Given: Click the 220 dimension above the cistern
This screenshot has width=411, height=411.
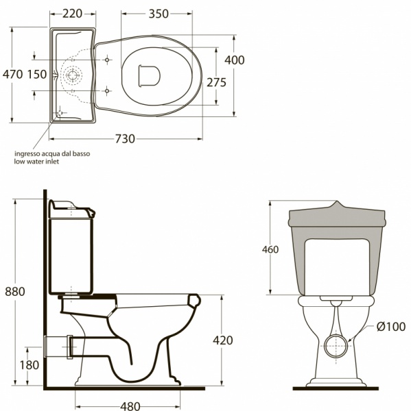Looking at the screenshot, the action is (72, 14).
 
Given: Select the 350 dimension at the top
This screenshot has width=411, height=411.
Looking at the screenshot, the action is (158, 14).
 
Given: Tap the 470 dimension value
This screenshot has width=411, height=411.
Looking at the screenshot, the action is (13, 74).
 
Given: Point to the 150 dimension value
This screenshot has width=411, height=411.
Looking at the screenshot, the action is (37, 74).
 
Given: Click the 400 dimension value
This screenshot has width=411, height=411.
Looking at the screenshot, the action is (234, 60).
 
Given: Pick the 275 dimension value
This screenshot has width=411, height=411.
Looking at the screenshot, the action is (216, 82).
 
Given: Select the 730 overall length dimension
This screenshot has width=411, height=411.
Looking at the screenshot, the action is (125, 138).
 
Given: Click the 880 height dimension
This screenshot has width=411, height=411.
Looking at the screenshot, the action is (15, 292).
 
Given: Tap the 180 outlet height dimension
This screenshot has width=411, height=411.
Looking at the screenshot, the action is (30, 365).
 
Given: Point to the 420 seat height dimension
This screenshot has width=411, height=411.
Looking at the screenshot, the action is (223, 340).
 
